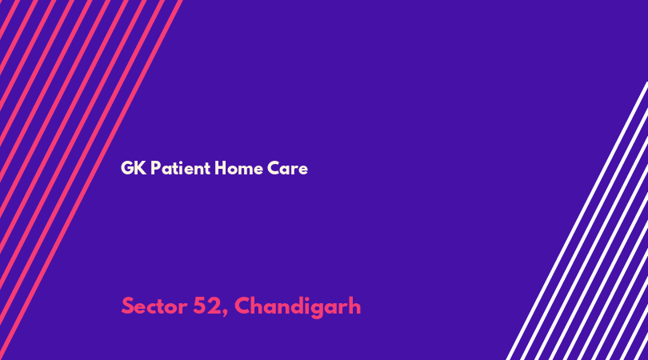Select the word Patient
click(x=181, y=168)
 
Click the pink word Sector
click(x=154, y=306)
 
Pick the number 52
click(x=207, y=306)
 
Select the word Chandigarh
click(x=298, y=306)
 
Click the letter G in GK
click(x=126, y=168)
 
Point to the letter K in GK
click(x=141, y=168)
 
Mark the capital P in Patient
click(x=155, y=168)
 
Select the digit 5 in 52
click(x=200, y=306)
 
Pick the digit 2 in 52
click(x=215, y=306)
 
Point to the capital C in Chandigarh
click(x=242, y=306)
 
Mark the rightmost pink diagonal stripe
click(x=91, y=180)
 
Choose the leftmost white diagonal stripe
click(x=577, y=221)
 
